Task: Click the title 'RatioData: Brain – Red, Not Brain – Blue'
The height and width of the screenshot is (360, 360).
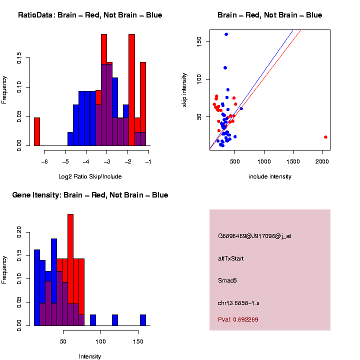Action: click(90, 15)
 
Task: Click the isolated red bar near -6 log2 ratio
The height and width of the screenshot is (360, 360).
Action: click(36, 131)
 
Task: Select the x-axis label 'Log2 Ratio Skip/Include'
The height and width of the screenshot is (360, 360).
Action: click(90, 176)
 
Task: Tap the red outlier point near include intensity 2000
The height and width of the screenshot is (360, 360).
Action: click(325, 137)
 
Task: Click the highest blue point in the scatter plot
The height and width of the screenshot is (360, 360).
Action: click(226, 34)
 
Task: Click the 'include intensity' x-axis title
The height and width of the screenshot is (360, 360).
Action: click(270, 176)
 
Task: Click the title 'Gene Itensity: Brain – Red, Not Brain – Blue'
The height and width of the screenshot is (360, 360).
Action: click(90, 195)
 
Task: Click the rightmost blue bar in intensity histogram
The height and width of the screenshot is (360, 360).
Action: click(143, 320)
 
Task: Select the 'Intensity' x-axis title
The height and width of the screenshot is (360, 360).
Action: click(90, 356)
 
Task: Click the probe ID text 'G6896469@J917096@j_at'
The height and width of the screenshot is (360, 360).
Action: click(254, 236)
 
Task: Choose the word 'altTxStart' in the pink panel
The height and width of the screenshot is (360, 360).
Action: click(231, 258)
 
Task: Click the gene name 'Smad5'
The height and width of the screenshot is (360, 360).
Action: click(227, 280)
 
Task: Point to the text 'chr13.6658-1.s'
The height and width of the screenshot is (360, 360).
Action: click(238, 302)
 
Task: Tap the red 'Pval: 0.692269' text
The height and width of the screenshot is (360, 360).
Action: click(238, 319)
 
